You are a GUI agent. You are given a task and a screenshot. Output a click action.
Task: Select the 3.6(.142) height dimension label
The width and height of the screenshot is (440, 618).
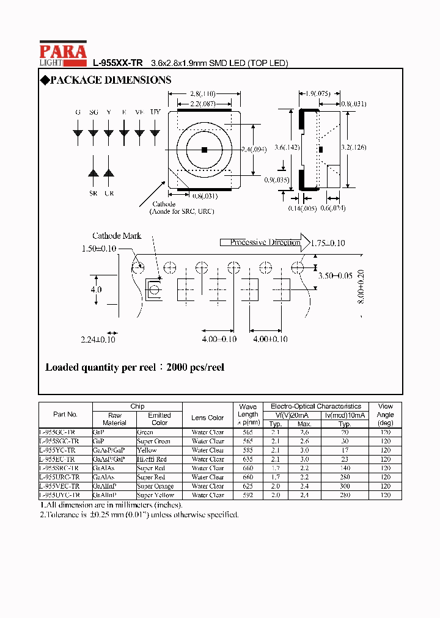pyautogui.click(x=287, y=147)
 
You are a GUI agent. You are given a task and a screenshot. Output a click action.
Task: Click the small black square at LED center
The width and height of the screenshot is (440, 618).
pyautogui.click(x=204, y=149)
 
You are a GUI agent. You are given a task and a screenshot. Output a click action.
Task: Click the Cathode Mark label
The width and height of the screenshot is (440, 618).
pyautogui.click(x=117, y=236)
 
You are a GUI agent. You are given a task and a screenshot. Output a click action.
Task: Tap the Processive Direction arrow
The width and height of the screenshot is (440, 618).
pyautogui.click(x=265, y=242)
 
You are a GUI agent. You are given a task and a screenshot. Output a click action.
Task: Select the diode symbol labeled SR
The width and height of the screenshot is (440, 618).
pyautogui.click(x=94, y=173)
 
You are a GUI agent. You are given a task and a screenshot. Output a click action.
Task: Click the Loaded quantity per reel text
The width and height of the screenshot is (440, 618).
pyautogui.click(x=135, y=368)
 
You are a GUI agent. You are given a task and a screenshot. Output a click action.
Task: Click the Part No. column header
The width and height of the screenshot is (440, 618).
pyautogui.click(x=65, y=414)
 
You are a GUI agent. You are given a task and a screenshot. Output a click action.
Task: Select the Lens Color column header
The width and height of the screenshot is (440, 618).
pyautogui.click(x=208, y=418)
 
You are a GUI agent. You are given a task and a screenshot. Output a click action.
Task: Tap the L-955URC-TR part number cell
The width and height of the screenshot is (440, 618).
pyautogui.click(x=59, y=477)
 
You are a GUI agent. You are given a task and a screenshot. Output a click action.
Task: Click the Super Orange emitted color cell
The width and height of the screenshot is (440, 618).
pyautogui.click(x=155, y=486)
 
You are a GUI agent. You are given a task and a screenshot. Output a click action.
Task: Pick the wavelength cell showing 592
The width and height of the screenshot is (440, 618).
pyautogui.click(x=248, y=495)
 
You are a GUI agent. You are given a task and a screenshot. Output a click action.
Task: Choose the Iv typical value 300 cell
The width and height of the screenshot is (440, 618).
pyautogui.click(x=345, y=486)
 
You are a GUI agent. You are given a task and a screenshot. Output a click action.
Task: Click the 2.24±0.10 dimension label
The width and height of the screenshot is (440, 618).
pyautogui.click(x=98, y=340)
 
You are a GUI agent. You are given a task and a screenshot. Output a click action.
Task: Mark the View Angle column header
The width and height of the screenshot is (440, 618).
pyautogui.click(x=386, y=414)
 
